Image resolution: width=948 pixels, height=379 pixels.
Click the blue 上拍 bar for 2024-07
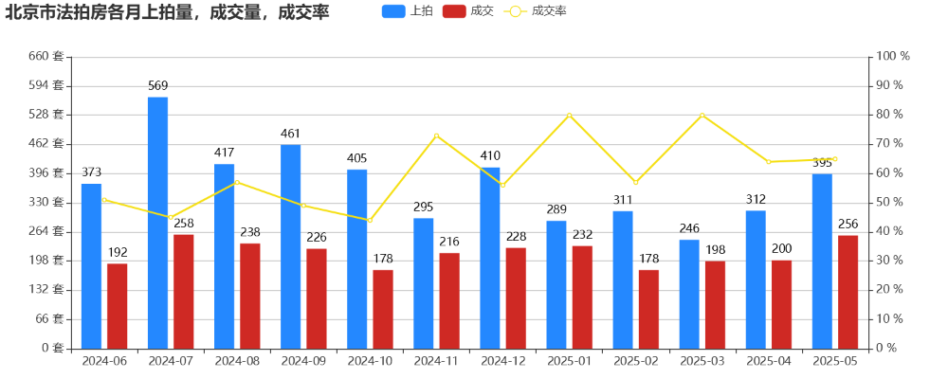point(157,223)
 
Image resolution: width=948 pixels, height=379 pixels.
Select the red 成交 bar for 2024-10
point(383,309)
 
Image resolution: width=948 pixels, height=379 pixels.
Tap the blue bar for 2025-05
point(822,262)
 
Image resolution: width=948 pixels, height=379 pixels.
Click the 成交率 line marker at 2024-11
point(436,135)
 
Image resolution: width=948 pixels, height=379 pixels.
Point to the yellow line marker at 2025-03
point(702,116)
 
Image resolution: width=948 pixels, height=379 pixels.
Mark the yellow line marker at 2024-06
point(104,200)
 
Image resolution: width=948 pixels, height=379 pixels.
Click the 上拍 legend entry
point(409,11)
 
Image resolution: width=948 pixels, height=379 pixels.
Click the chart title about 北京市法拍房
point(167,12)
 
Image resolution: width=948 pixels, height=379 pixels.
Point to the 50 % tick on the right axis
point(891,203)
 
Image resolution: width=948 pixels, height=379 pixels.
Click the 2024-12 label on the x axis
point(502,361)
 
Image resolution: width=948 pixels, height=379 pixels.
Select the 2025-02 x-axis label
point(635,361)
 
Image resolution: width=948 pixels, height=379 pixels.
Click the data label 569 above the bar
point(157,86)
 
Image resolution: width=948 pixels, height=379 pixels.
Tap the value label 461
point(290,134)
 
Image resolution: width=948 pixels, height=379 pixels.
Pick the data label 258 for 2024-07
point(184,224)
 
